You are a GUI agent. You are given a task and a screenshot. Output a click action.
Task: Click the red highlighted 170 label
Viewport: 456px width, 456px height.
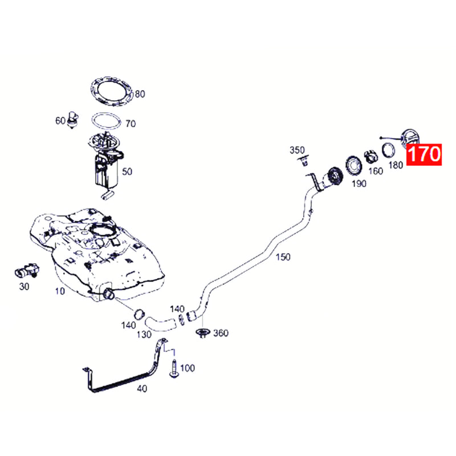click(x=424, y=154)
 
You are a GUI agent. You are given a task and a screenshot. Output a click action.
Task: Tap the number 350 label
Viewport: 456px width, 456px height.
click(x=297, y=150)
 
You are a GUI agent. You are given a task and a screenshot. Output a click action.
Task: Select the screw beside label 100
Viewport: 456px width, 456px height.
click(x=174, y=369)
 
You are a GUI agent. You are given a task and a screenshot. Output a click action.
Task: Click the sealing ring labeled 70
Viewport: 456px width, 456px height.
click(x=106, y=121)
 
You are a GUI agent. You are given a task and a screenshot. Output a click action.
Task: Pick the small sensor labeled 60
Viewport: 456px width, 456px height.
click(x=72, y=120)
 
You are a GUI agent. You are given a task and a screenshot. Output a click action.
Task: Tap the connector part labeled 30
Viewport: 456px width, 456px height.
click(x=27, y=270)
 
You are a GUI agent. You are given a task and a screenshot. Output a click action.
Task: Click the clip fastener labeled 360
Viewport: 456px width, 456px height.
click(x=203, y=333)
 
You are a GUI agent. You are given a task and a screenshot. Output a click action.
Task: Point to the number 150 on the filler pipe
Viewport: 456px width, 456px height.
click(x=283, y=257)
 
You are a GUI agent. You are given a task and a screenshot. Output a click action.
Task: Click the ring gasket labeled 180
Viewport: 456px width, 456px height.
click(x=388, y=150)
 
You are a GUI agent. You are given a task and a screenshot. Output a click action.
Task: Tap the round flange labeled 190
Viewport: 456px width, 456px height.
click(x=353, y=166)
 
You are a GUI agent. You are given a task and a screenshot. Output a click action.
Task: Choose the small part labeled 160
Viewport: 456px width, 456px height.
click(x=371, y=157)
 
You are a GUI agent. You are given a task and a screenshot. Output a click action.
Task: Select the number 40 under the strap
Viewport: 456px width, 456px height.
click(x=142, y=389)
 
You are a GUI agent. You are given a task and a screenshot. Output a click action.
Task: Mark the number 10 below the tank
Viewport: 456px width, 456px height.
click(x=60, y=291)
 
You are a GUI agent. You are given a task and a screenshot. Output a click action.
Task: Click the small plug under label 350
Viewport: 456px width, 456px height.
click(x=304, y=161)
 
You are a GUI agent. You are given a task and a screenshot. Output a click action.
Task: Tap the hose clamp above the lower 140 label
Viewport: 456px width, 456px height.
click(x=140, y=314)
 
